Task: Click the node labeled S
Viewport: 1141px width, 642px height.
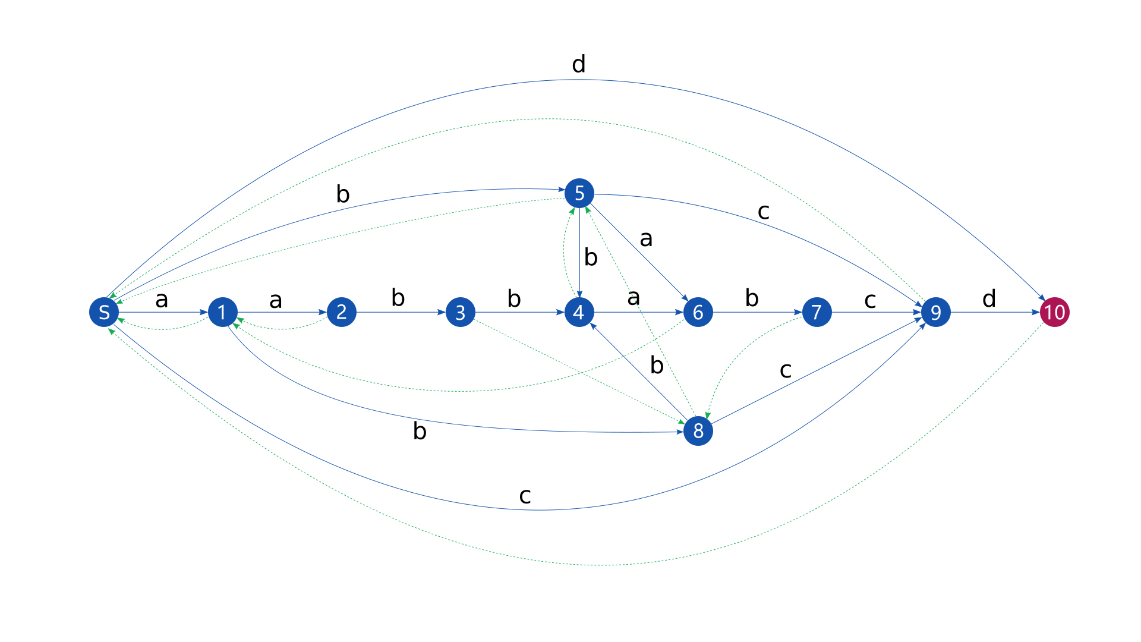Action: (104, 312)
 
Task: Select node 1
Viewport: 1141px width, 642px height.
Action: (223, 312)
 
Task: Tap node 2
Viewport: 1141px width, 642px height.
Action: (342, 312)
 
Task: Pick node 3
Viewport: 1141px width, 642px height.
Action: (461, 312)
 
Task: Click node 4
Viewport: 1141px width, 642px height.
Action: (579, 312)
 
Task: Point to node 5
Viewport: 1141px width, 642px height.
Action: (579, 193)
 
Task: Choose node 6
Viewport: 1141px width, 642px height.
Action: (698, 312)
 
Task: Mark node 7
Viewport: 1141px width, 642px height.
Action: (817, 312)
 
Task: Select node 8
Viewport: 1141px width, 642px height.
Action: (698, 431)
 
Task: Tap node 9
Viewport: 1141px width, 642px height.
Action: (936, 312)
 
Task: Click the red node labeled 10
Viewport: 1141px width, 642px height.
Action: (1055, 312)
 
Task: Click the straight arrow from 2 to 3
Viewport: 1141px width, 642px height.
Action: (401, 312)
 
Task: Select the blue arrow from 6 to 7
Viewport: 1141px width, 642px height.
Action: (758, 312)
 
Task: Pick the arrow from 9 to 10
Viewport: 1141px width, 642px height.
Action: (995, 312)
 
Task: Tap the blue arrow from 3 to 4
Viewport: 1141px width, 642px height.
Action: (520, 312)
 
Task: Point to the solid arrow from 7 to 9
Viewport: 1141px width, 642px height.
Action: (877, 312)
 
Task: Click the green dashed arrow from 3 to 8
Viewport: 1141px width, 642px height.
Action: (579, 372)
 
